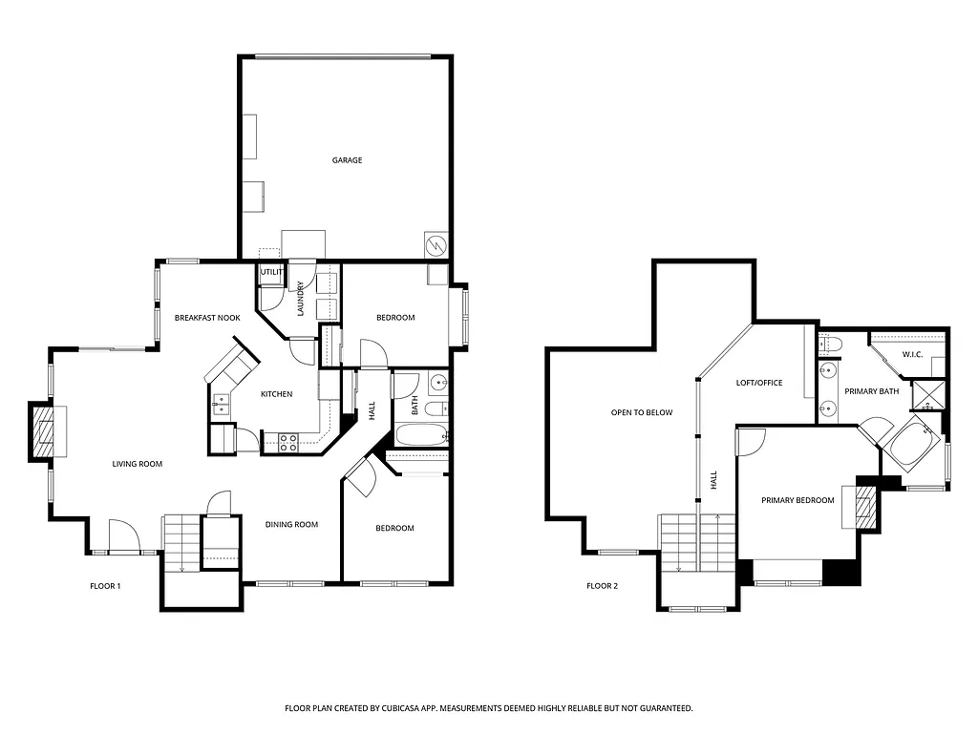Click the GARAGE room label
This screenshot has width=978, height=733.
347,160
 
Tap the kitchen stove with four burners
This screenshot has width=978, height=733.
288,442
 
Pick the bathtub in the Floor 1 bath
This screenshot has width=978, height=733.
419,438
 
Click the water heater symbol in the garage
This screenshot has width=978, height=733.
435,245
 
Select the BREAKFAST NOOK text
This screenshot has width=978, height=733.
206,318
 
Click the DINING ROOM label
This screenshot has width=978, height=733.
291,524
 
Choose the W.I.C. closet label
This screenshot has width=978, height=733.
912,356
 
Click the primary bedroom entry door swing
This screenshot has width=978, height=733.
751,442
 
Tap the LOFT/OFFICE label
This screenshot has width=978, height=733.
759,383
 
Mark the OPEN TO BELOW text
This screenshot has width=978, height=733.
642,413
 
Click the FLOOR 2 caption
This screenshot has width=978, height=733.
602,586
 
